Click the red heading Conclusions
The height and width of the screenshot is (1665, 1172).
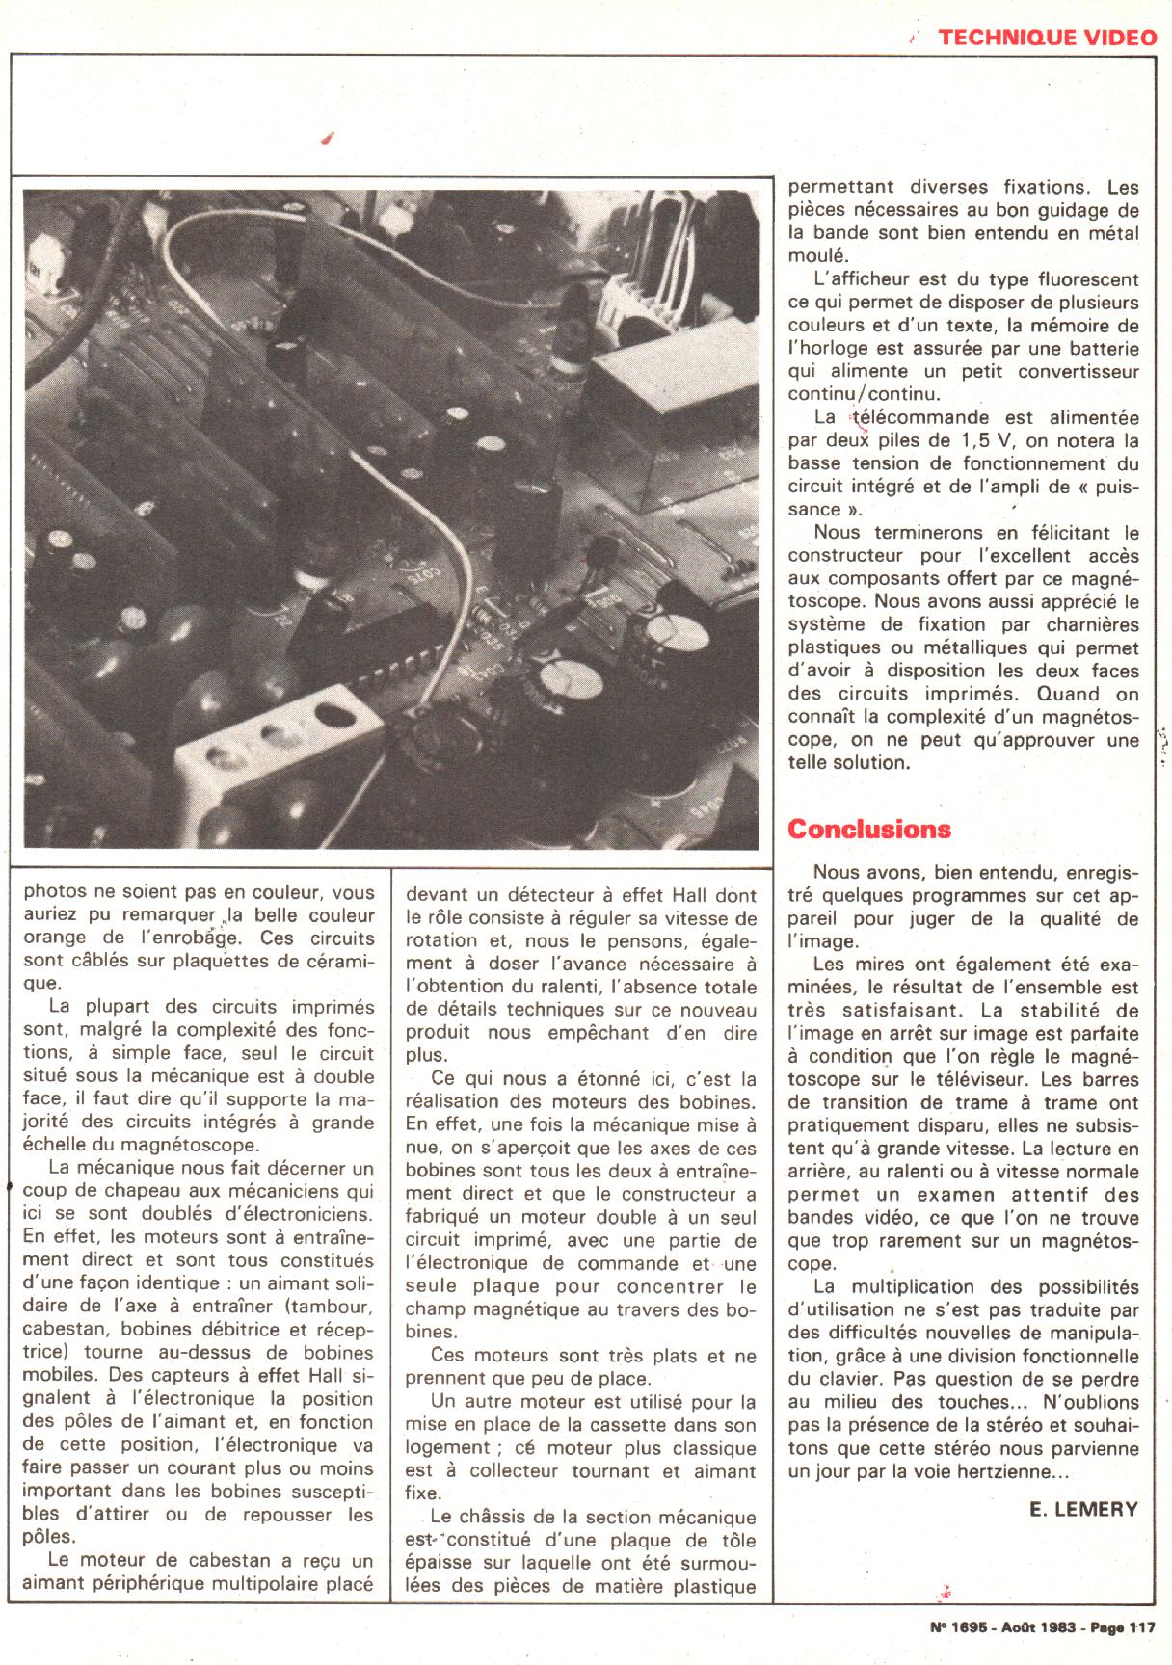tap(868, 830)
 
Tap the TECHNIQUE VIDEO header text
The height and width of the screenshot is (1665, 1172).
tap(1047, 38)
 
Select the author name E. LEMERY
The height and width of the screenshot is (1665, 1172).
tap(1083, 1509)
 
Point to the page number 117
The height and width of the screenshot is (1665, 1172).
tap(1141, 1627)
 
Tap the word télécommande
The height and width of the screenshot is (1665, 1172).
tap(910, 418)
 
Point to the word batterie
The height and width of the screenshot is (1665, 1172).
tap(1100, 349)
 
